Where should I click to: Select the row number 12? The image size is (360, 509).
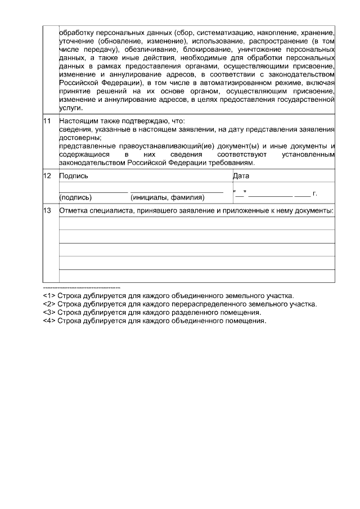[x=47, y=176]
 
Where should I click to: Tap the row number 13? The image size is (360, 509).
[x=47, y=211]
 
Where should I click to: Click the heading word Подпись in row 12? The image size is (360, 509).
[x=73, y=176]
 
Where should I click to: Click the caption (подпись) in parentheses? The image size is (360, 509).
[x=76, y=197]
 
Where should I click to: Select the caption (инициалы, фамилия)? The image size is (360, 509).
[x=167, y=197]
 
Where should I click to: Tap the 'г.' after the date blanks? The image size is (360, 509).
[x=315, y=193]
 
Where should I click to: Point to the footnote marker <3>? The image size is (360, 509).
[x=48, y=312]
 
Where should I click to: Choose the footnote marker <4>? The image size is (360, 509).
[x=48, y=321]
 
